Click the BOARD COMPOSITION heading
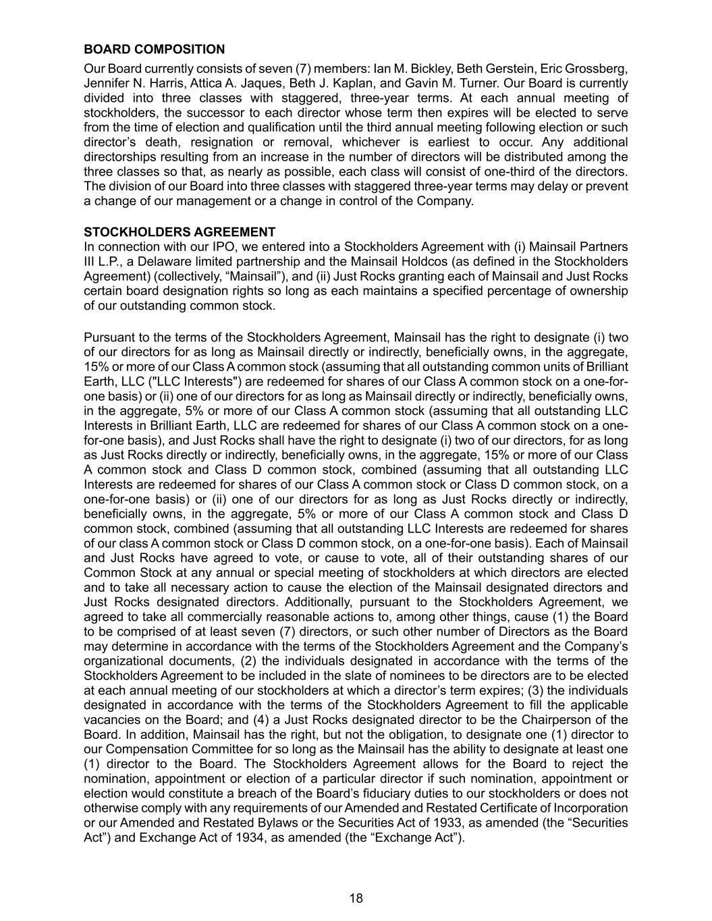pyautogui.click(x=154, y=49)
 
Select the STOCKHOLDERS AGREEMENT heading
pyautogui.click(x=180, y=233)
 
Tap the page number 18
pyautogui.click(x=356, y=898)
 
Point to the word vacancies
pyautogui.click(x=113, y=720)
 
